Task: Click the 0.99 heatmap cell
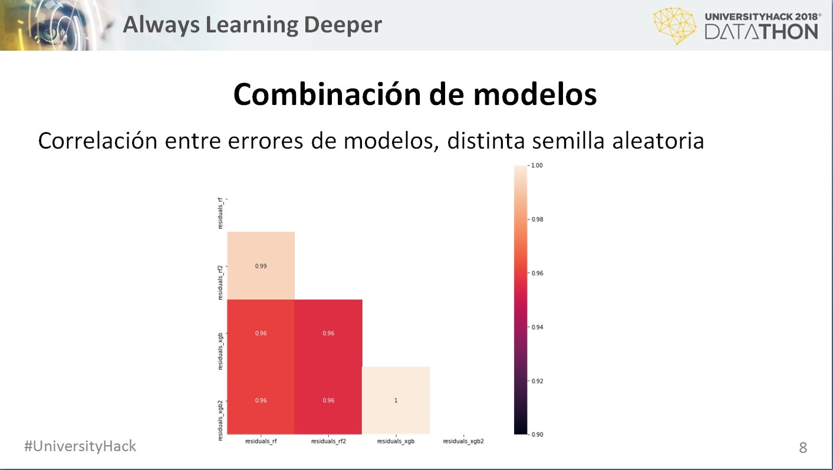click(x=261, y=266)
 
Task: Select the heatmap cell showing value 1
click(x=396, y=400)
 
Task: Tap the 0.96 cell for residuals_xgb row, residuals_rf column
click(x=261, y=333)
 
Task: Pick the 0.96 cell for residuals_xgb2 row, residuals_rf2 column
click(x=328, y=400)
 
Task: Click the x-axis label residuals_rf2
click(x=328, y=441)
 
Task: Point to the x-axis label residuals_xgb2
click(x=463, y=441)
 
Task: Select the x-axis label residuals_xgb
click(x=396, y=441)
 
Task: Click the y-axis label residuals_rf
click(x=220, y=213)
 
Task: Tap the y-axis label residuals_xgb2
click(x=220, y=420)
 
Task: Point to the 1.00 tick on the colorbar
click(x=536, y=166)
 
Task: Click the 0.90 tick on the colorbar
click(x=537, y=435)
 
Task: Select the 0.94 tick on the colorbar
click(x=537, y=327)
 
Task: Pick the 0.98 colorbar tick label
click(x=537, y=219)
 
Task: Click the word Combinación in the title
click(x=328, y=94)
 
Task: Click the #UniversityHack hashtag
click(x=80, y=446)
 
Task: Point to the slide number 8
click(x=803, y=448)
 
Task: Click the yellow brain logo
click(x=674, y=26)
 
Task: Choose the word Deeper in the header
click(x=343, y=25)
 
